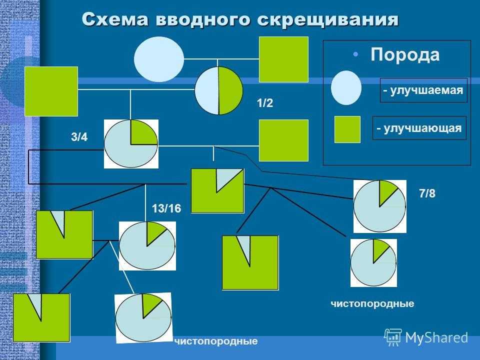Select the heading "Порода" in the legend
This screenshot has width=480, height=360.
point(405,55)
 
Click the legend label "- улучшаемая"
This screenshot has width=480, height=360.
point(423,90)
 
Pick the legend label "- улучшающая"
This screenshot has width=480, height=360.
point(419,128)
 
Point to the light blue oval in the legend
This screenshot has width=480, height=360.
point(346,87)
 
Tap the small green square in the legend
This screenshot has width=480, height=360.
point(347,129)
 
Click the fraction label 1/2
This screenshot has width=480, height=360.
point(265,103)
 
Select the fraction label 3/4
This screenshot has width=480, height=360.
point(79,137)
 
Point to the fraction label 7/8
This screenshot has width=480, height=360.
point(427,193)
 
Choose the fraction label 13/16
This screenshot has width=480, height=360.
point(166,208)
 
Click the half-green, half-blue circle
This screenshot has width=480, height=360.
point(218,90)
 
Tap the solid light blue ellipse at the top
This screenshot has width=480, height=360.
point(159,59)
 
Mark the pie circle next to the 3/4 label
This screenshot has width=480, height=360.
point(131,144)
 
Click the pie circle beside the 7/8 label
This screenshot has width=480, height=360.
point(379,206)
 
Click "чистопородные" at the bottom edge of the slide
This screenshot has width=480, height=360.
point(216,340)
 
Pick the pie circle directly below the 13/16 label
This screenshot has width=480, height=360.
point(147,246)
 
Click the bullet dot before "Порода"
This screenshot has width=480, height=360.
point(355,54)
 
